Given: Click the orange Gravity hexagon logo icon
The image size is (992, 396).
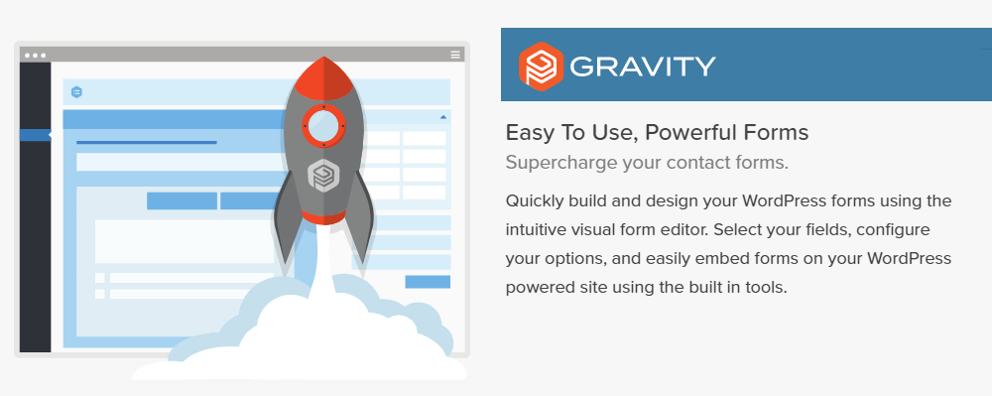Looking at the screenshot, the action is pyautogui.click(x=541, y=66).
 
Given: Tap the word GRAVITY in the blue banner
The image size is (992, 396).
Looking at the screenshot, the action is pyautogui.click(x=643, y=66).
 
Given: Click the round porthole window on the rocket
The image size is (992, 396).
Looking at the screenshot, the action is pyautogui.click(x=323, y=126).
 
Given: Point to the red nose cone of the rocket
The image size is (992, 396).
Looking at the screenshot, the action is pyautogui.click(x=323, y=78).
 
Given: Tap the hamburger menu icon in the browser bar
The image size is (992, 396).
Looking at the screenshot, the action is pyautogui.click(x=455, y=55).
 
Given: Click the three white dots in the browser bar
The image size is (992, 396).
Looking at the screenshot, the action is pyautogui.click(x=35, y=56).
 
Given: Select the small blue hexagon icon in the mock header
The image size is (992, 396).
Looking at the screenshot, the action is pyautogui.click(x=76, y=92).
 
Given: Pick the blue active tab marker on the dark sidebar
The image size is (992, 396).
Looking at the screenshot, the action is pyautogui.click(x=36, y=135).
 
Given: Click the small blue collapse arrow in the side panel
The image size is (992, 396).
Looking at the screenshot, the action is pyautogui.click(x=442, y=117).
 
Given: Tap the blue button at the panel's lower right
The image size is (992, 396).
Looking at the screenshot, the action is pyautogui.click(x=428, y=282).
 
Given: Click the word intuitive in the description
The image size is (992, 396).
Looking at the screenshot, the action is pyautogui.click(x=537, y=229).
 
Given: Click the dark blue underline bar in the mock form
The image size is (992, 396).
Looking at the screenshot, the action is pyautogui.click(x=147, y=142).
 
